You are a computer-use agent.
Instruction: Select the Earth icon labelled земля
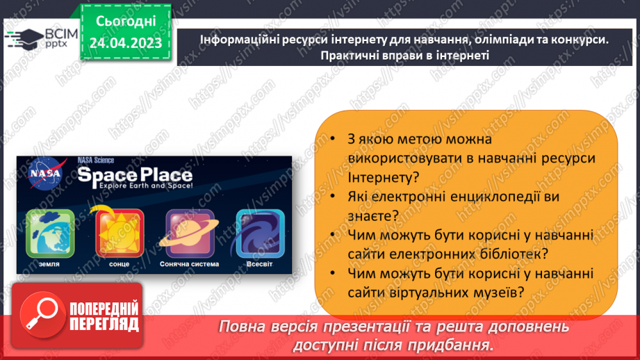click(x=45, y=233)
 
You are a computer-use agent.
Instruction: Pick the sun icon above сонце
click(x=119, y=233)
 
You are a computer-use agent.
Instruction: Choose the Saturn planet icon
click(x=188, y=233)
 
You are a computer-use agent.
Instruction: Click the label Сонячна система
click(x=188, y=264)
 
